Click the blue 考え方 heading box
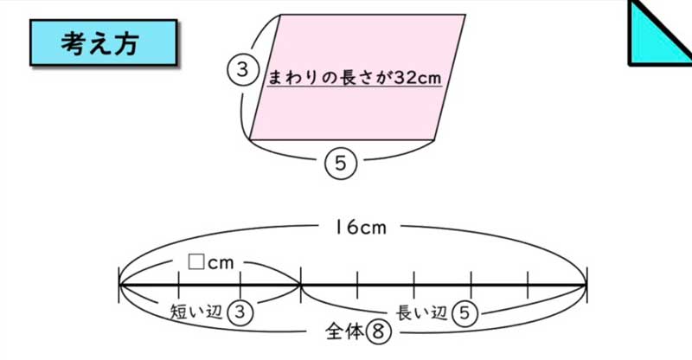tap(104, 43)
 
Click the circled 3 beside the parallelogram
tap(242, 70)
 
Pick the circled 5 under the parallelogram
tap(340, 164)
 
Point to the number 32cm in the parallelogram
tap(417, 77)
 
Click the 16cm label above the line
tap(360, 228)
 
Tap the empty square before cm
tap(196, 262)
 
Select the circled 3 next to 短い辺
tap(240, 312)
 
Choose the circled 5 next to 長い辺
tap(465, 312)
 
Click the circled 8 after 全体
tap(378, 331)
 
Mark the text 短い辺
tap(196, 312)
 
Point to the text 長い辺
tap(421, 312)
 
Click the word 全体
tap(344, 331)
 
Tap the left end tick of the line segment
tap(119, 285)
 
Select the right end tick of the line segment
tap(586, 285)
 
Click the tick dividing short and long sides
tap(300, 285)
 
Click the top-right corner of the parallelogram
tap(465, 15)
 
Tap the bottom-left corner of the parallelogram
tap(249, 139)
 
